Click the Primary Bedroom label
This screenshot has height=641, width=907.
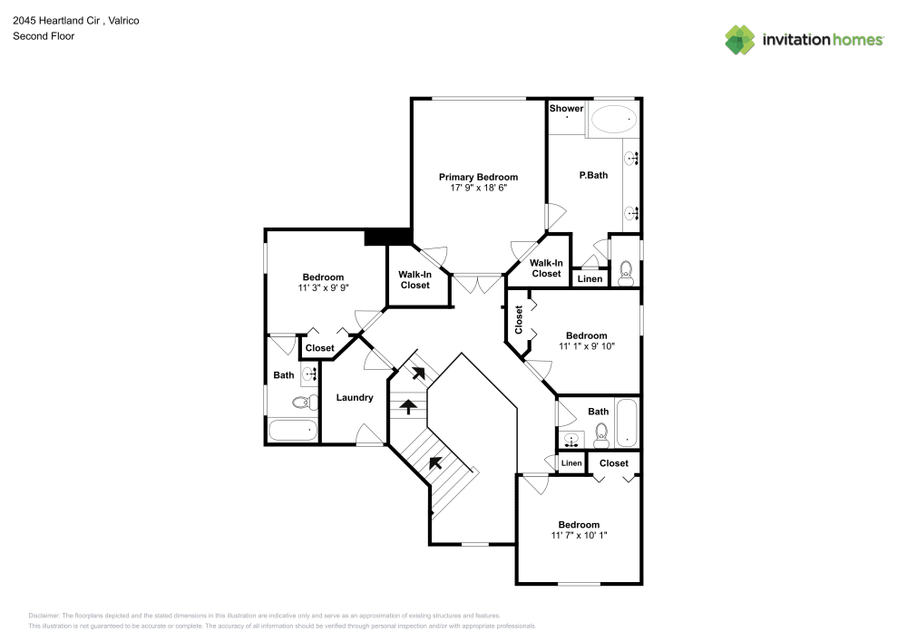pyautogui.click(x=478, y=177)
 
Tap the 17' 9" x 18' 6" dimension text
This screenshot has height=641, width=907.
pyautogui.click(x=478, y=189)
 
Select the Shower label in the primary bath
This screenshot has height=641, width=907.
pyautogui.click(x=566, y=109)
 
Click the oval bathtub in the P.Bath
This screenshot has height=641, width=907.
pyautogui.click(x=613, y=118)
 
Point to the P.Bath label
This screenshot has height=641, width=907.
pyautogui.click(x=593, y=175)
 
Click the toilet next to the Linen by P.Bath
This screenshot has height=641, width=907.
pyautogui.click(x=625, y=272)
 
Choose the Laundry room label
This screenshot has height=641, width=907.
pyautogui.click(x=355, y=397)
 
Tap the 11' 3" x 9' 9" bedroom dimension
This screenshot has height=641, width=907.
pyautogui.click(x=323, y=288)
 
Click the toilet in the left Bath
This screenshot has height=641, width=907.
pyautogui.click(x=305, y=402)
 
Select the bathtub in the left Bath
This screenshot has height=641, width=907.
pyautogui.click(x=293, y=430)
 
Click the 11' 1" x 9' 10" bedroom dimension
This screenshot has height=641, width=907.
pyautogui.click(x=586, y=346)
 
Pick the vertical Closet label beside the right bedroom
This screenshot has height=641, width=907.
pyautogui.click(x=519, y=319)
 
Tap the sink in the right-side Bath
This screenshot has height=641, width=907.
pyautogui.click(x=571, y=441)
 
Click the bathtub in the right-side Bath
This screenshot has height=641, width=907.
pyautogui.click(x=628, y=423)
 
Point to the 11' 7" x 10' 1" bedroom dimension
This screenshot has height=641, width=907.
pyautogui.click(x=579, y=536)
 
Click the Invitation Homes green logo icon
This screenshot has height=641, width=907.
pyautogui.click(x=740, y=39)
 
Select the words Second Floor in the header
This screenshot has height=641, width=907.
pyautogui.click(x=44, y=36)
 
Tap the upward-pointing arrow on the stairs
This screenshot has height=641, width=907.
pyautogui.click(x=409, y=406)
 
